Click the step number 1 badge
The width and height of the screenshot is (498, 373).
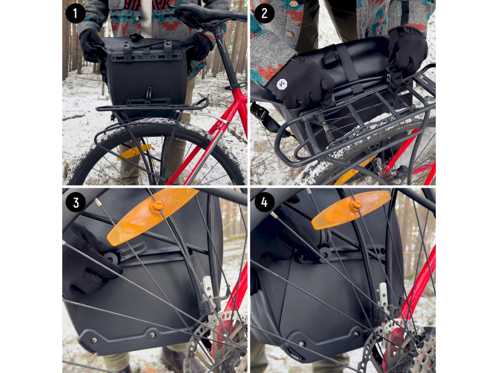point(75,13)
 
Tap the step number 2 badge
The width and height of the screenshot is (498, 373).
point(265,13)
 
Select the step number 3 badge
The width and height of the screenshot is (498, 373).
point(75,202)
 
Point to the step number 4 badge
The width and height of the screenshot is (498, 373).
point(264,202)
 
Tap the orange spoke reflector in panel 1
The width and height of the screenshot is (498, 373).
point(134,152)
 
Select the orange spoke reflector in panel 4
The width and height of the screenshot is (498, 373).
point(351,210)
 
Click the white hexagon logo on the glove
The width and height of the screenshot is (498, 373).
point(282,84)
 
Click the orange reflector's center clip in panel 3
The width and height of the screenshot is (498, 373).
point(157,205)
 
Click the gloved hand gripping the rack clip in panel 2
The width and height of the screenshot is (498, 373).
point(406,55)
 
